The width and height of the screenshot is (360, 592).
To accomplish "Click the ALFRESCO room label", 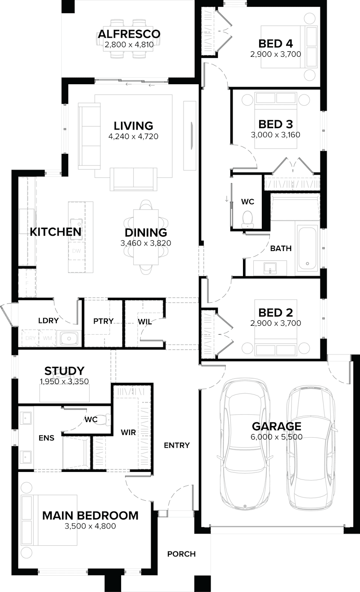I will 129,34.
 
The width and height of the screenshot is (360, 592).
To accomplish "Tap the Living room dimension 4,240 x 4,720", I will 133,136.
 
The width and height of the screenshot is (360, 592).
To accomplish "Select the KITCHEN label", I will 55,232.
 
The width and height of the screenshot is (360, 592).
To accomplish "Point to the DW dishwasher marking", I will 76,251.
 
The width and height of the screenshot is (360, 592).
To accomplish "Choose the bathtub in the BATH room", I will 307,247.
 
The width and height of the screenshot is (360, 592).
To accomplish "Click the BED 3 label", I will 275,124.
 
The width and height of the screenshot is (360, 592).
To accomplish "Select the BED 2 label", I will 275,313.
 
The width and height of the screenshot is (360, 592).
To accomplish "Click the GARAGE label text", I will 276,426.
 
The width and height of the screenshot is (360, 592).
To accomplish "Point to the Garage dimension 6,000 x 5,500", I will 276,437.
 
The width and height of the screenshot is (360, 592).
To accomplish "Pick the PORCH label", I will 181,554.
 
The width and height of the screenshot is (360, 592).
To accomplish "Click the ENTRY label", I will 176,445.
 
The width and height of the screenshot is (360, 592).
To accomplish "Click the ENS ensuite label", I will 46,437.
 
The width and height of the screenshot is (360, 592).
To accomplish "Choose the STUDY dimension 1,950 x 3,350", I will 64,381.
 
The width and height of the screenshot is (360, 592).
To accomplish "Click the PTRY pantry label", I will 103,321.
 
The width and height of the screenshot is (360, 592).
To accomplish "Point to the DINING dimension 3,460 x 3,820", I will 146,243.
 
